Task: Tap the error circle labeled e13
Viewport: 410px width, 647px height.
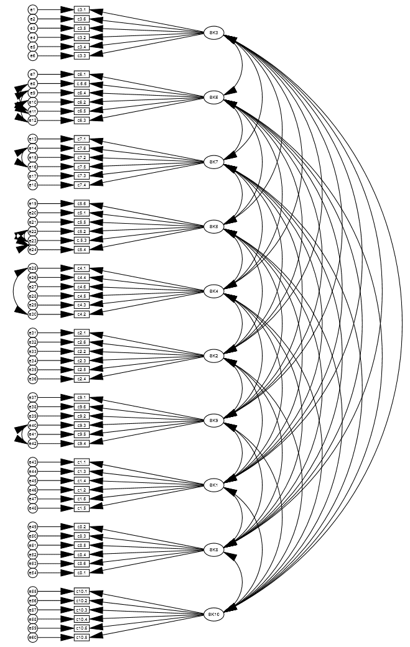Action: click(33, 139)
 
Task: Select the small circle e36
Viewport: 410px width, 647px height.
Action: click(33, 379)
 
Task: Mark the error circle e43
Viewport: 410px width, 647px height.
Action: click(33, 462)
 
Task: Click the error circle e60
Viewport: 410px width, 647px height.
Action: click(33, 637)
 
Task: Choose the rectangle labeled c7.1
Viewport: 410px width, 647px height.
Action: click(82, 139)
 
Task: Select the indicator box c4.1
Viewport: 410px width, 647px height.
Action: click(82, 268)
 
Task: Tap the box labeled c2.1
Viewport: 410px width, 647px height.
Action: click(82, 333)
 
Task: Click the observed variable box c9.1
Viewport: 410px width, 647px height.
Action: click(82, 397)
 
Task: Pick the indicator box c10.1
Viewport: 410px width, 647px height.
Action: click(82, 591)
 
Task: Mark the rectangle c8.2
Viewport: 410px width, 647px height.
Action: click(82, 526)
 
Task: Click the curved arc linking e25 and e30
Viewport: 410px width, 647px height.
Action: click(15, 291)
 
